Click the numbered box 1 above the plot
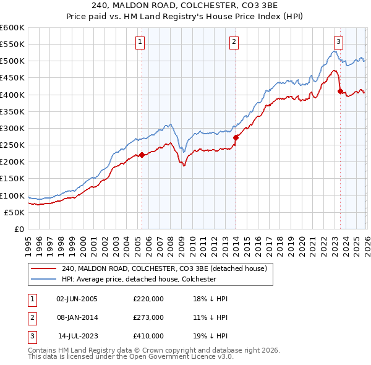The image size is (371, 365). (141, 42)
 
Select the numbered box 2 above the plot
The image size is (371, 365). (235, 42)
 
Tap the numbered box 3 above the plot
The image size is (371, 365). (339, 42)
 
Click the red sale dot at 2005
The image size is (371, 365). (142, 155)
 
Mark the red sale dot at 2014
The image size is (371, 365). (236, 137)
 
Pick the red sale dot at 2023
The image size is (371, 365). (340, 92)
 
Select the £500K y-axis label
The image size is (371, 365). (12, 61)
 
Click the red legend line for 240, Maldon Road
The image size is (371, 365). (44, 268)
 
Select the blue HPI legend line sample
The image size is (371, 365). (44, 279)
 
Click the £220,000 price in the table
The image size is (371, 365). (148, 298)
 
